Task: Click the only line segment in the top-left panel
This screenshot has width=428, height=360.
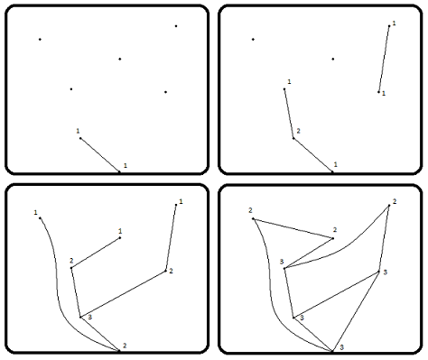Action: (100, 155)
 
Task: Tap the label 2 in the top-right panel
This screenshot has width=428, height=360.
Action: (298, 131)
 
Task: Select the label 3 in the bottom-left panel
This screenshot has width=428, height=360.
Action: (89, 318)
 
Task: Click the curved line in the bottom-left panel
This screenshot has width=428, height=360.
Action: (57, 289)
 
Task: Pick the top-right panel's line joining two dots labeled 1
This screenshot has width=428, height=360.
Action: (384, 59)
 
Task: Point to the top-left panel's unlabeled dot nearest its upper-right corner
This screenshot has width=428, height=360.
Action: (176, 26)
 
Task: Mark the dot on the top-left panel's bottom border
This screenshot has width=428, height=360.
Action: (119, 172)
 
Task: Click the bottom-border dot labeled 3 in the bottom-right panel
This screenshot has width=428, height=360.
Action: (332, 351)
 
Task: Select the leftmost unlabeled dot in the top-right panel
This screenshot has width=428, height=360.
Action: (253, 40)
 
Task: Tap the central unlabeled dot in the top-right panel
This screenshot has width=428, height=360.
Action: (333, 59)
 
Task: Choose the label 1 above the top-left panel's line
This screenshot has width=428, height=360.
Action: (78, 131)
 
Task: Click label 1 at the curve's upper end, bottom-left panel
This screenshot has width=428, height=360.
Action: (35, 213)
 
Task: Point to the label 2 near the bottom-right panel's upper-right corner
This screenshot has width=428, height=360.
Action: (395, 201)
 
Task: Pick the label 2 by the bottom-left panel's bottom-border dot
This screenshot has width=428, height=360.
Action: (125, 346)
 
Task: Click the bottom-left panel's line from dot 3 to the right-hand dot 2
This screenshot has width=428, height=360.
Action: (123, 294)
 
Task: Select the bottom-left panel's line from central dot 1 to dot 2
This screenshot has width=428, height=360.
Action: (96, 253)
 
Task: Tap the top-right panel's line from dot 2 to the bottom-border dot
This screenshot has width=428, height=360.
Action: (313, 155)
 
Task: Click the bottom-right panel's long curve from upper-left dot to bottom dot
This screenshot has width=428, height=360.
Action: (270, 289)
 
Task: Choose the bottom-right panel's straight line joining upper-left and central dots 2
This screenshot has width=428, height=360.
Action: (293, 228)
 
